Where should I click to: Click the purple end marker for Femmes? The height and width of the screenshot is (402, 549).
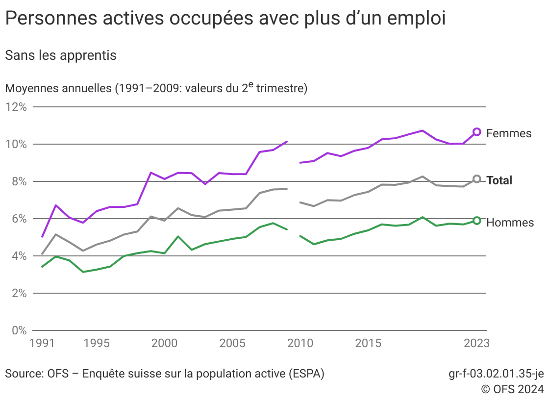[476, 131]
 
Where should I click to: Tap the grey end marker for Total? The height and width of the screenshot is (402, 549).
[476, 179]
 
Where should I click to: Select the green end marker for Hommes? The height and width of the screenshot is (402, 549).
[476, 221]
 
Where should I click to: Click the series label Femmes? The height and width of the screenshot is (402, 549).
[509, 133]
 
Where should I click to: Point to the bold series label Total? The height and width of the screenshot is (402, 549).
[499, 180]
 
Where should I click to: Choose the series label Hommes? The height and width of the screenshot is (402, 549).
[510, 223]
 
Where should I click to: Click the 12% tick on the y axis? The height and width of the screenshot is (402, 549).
[16, 107]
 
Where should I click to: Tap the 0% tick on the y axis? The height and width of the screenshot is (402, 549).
[19, 330]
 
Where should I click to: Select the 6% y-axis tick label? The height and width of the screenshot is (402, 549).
[19, 219]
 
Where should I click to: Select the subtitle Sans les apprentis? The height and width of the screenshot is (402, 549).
[61, 55]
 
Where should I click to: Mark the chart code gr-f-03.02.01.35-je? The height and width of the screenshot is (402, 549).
[496, 374]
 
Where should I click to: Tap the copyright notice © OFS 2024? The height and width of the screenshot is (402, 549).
[512, 389]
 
